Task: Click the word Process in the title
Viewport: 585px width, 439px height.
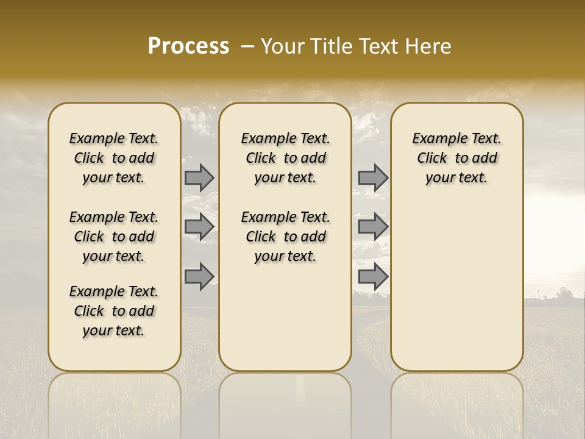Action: [x=188, y=46]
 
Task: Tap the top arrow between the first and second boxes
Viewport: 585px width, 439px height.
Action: [x=199, y=177]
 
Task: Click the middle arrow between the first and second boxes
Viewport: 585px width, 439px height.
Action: [x=199, y=227]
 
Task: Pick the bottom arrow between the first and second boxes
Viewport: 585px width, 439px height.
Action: [x=199, y=276]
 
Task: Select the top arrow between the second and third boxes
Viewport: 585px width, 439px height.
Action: [x=373, y=177]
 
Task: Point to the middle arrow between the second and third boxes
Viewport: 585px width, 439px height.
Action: [x=373, y=227]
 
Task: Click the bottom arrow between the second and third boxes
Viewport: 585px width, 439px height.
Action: [x=373, y=276]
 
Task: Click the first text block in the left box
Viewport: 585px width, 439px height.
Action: [x=114, y=158]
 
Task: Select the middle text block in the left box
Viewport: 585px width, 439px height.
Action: [x=114, y=237]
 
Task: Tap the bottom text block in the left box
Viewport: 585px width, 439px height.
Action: [x=114, y=311]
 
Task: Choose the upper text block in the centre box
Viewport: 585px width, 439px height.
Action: [x=285, y=158]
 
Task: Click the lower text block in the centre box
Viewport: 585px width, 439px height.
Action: [x=285, y=237]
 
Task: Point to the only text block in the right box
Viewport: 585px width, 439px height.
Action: [x=456, y=158]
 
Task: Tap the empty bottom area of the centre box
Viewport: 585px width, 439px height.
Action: [x=285, y=323]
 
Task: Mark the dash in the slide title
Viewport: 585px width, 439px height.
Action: [x=247, y=46]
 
